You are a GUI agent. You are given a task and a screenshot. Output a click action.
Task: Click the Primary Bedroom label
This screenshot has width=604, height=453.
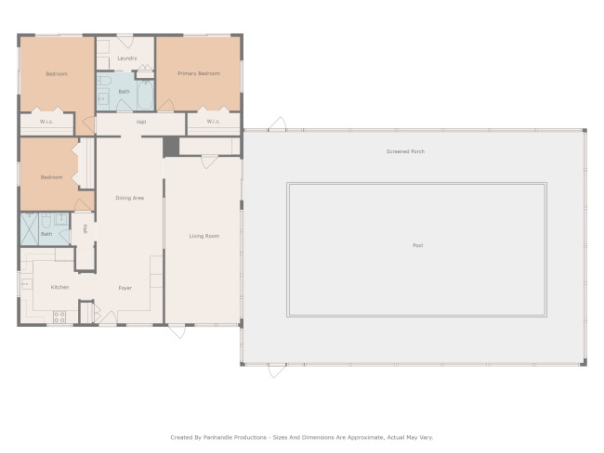(199, 73)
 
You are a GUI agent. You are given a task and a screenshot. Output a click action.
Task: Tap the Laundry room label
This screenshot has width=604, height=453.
(127, 58)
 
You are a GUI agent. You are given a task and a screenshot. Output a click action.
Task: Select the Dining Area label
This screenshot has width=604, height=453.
(130, 198)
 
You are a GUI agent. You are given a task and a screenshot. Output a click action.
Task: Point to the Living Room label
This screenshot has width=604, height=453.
(204, 236)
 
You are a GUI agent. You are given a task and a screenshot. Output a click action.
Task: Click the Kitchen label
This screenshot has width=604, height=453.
(60, 287)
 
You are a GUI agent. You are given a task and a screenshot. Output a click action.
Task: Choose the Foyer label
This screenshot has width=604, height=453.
(125, 288)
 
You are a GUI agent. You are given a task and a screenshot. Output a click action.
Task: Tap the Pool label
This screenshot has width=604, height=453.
(418, 245)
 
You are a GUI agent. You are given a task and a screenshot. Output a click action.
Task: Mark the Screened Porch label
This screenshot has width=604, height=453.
(406, 151)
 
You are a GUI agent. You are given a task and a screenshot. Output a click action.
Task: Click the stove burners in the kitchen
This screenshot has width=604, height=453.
(59, 317)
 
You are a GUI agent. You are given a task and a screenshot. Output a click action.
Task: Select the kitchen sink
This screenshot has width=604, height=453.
(27, 284)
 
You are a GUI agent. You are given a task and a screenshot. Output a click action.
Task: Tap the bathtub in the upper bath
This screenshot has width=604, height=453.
(146, 95)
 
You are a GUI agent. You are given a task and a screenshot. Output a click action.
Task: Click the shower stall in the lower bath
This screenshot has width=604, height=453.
(30, 229)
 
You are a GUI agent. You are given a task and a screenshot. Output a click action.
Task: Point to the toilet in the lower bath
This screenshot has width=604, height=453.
(46, 220)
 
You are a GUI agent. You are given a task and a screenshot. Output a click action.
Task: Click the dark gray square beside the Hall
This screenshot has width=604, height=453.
(171, 147)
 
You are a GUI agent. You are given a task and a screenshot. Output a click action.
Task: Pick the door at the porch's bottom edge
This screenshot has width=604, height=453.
(277, 370)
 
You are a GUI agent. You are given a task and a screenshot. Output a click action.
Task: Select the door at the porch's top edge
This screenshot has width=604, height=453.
(277, 124)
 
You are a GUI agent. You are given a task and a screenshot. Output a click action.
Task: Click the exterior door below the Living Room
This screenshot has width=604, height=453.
(177, 331)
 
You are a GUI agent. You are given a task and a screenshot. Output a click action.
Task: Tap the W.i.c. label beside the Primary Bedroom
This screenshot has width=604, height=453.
(214, 122)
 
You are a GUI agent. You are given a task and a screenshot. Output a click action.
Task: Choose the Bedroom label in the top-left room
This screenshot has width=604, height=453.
(57, 73)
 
